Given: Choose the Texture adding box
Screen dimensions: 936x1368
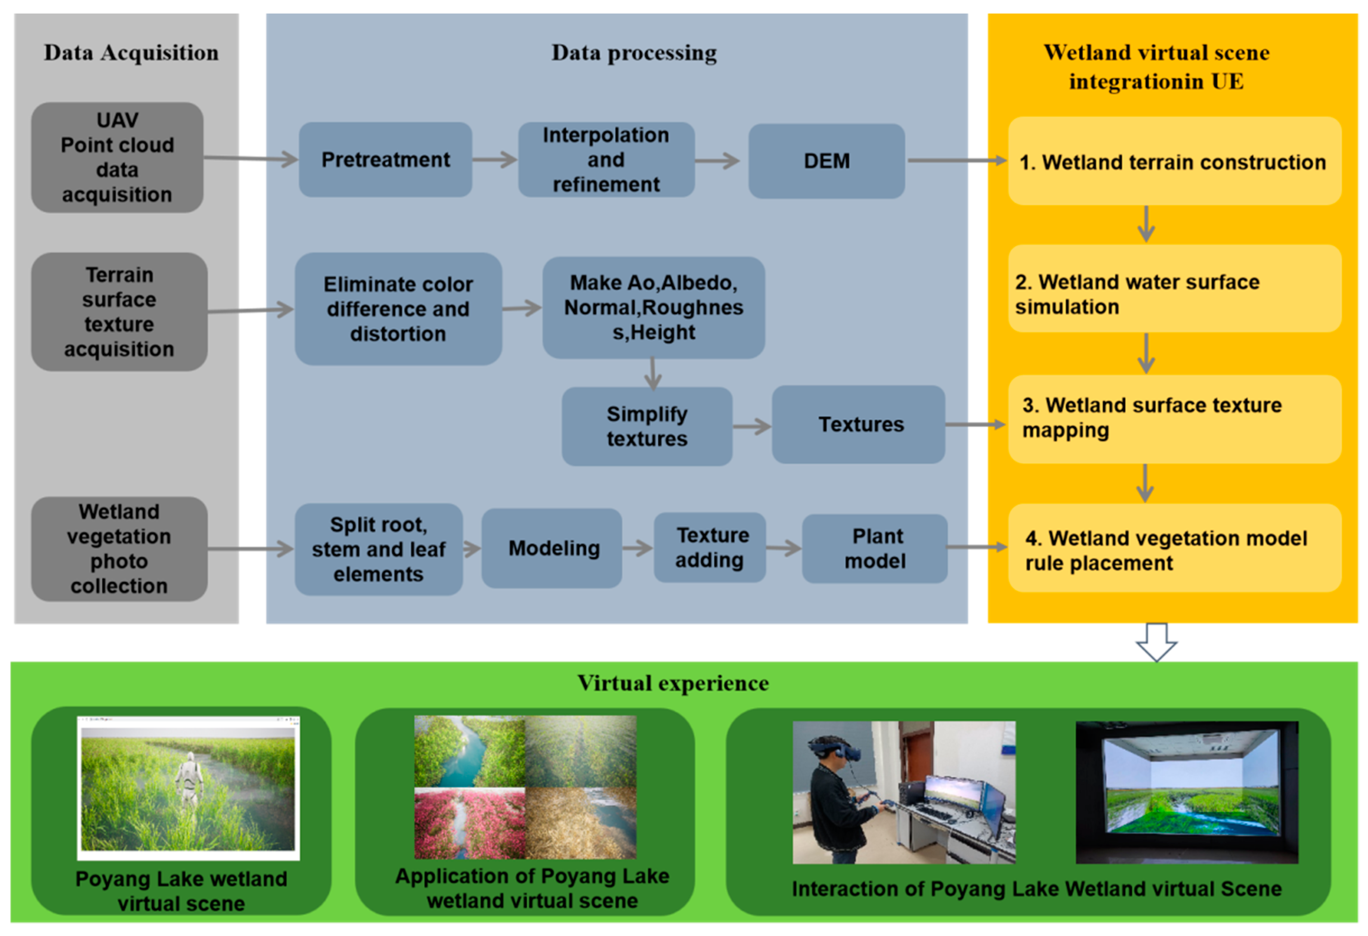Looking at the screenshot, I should click(709, 547).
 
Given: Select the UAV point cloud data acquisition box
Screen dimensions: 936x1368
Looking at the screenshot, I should click(117, 157).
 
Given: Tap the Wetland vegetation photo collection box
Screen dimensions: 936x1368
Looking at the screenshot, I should click(119, 548).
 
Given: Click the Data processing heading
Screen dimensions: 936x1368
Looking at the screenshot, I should click(634, 53).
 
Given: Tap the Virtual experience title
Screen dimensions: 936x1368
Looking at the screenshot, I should click(672, 683).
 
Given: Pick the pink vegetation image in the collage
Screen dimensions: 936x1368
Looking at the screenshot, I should click(469, 824).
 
